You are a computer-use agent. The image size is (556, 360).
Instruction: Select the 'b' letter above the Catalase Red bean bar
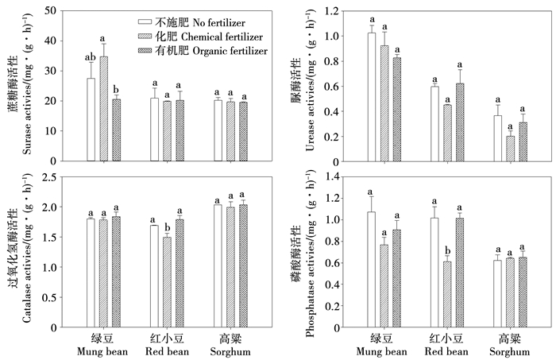coord(165,228)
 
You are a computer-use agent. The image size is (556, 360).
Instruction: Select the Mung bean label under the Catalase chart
coord(103,351)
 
